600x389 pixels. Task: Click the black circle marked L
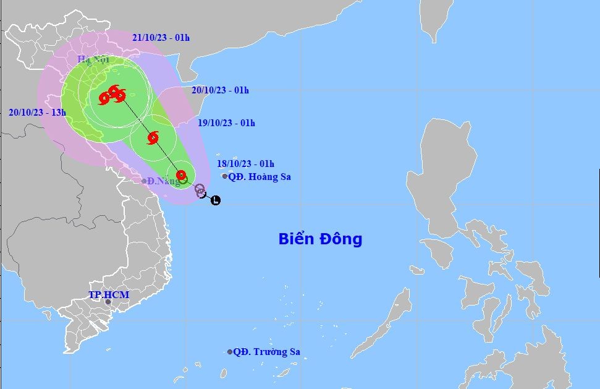[x=215, y=200]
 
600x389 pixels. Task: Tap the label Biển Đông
[x=320, y=239]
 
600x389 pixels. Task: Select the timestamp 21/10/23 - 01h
[x=161, y=38]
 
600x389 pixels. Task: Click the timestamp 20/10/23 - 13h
[x=37, y=113]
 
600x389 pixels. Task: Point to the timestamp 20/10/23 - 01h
[x=220, y=90]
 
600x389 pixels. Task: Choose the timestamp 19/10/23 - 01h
[x=226, y=123]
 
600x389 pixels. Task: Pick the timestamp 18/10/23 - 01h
[x=245, y=164]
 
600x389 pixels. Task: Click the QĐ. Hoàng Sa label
[x=260, y=177]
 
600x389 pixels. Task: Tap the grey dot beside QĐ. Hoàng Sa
[x=225, y=176]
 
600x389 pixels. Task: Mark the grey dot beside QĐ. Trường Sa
[x=230, y=352]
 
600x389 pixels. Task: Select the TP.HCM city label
[x=109, y=294]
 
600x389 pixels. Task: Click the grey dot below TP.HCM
[x=108, y=302]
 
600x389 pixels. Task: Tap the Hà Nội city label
[x=93, y=59]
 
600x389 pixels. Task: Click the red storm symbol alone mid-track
[x=153, y=137]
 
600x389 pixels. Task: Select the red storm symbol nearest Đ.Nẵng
[x=181, y=175]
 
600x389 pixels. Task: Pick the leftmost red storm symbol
[x=104, y=97]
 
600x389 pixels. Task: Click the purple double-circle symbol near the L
[x=200, y=190]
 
